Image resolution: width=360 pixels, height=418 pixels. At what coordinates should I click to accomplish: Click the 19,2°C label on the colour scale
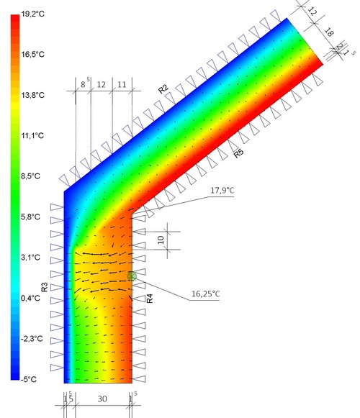tap(33, 14)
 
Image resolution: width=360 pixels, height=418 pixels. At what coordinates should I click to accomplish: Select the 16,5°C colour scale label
tap(33, 55)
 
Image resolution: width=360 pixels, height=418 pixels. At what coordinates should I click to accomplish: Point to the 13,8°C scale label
tap(33, 95)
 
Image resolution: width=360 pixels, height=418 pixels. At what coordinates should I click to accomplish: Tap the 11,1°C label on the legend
tap(32, 136)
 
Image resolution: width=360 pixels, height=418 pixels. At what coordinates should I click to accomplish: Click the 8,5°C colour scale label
tap(31, 176)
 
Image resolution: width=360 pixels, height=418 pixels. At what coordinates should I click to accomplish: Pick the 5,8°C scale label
tap(31, 217)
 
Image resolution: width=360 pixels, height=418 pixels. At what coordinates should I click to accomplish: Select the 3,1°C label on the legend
tap(31, 258)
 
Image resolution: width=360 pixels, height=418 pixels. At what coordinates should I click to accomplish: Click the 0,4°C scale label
tap(31, 298)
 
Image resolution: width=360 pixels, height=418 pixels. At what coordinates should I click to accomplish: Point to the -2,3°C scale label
tap(32, 339)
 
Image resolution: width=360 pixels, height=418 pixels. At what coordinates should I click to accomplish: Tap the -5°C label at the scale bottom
tap(29, 379)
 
